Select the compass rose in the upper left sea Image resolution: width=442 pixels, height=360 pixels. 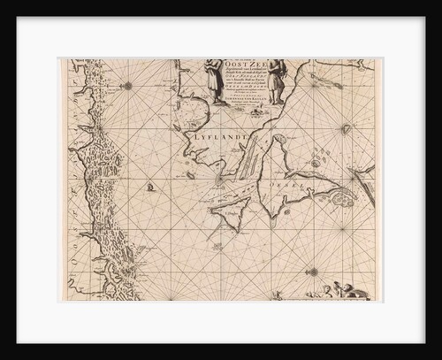tap(130, 86)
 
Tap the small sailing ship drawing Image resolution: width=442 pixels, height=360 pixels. tap(151, 187)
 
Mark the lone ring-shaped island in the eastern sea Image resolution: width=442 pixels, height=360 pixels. tap(346, 129)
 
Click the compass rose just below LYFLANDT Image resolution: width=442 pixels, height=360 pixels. tap(218, 180)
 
